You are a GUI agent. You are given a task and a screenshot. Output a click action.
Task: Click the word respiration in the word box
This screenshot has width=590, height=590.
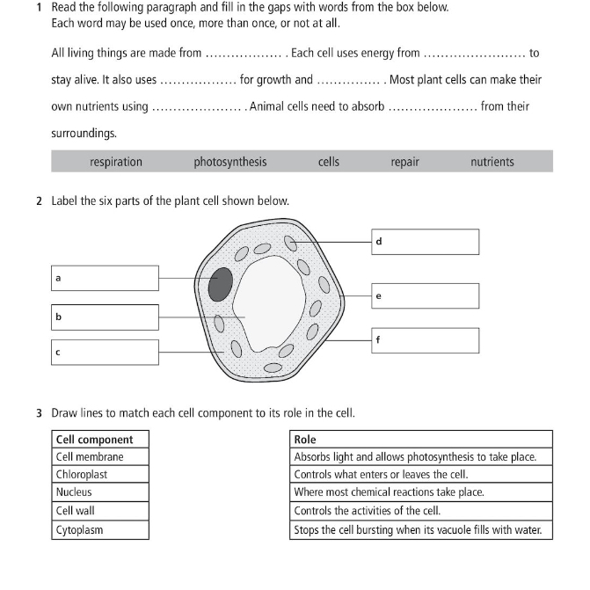click(115, 162)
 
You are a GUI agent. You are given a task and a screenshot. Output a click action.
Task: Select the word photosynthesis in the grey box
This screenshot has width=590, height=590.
click(229, 162)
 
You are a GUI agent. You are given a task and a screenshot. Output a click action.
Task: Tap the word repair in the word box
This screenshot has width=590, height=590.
click(404, 162)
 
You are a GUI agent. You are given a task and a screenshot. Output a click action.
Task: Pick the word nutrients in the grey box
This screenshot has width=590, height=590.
click(492, 162)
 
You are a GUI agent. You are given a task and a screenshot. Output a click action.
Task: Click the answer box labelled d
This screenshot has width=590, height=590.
click(425, 242)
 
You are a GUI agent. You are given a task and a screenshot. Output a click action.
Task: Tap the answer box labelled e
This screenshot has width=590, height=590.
click(425, 296)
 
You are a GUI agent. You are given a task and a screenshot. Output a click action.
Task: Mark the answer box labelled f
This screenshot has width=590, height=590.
click(425, 340)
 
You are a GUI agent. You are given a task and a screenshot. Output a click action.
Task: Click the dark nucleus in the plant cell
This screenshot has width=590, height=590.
click(220, 285)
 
